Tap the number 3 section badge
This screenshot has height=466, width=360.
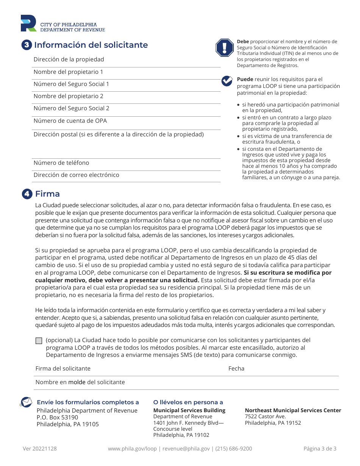(x=26, y=45)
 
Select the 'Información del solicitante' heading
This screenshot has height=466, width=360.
(x=91, y=45)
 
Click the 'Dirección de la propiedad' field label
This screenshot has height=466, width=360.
(x=69, y=59)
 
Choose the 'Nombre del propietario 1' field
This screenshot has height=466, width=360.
(x=68, y=72)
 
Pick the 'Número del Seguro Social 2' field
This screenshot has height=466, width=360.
(x=71, y=108)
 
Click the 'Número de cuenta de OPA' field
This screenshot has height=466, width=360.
(x=70, y=121)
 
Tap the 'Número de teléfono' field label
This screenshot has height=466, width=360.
(x=61, y=163)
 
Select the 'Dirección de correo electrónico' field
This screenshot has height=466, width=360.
(x=76, y=175)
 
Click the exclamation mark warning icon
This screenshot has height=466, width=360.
(x=225, y=48)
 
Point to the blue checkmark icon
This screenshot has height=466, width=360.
(x=227, y=81)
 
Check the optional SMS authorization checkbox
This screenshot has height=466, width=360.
(x=39, y=341)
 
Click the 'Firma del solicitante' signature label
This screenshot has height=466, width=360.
(x=63, y=369)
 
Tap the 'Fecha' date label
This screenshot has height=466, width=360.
(x=236, y=369)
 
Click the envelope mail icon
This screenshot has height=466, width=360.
(x=26, y=402)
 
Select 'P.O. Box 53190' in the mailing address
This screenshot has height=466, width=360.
(x=57, y=418)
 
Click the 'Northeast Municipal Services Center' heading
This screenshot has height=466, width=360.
(x=293, y=410)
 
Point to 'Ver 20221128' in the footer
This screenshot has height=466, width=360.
(x=40, y=449)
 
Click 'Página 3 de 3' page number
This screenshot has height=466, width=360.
(x=320, y=449)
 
